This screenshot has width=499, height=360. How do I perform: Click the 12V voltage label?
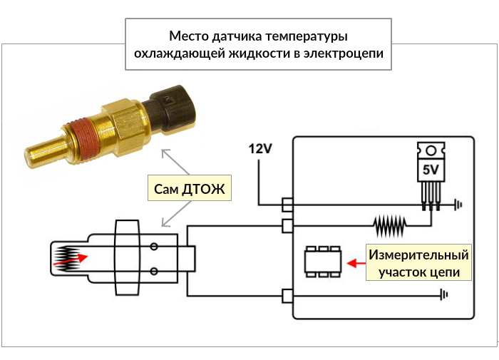coord(260,149)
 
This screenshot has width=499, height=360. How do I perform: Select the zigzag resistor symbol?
coord(390,227)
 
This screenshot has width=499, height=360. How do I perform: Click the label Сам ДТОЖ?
coord(190,189)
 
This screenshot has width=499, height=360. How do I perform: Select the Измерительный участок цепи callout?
coord(419,263)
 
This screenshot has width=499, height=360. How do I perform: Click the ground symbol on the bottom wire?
coord(444,294)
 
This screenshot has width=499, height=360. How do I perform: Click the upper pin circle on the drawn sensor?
coord(153,247)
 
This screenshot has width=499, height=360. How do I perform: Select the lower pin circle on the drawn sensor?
coord(153,271)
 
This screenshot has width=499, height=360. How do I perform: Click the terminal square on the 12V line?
coord(287,205)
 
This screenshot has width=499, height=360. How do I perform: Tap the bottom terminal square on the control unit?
coord(287,295)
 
